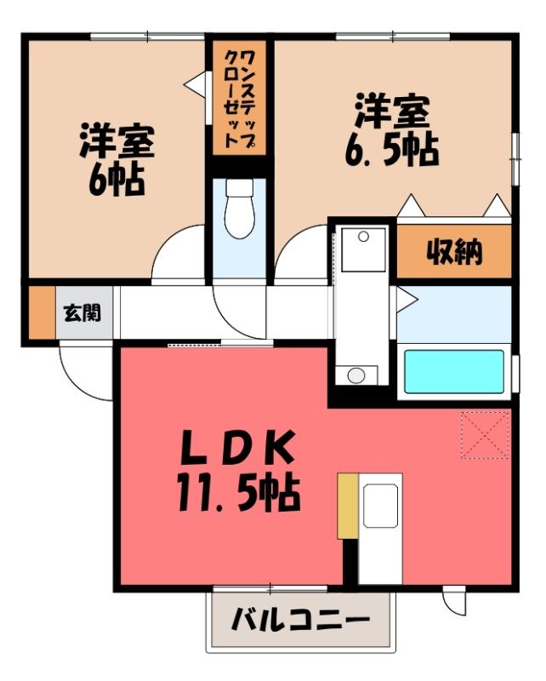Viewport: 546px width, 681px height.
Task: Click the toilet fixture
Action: pyautogui.click(x=239, y=209)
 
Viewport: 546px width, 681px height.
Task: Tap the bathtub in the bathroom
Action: pyautogui.click(x=454, y=372)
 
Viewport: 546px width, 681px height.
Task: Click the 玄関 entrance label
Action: pyautogui.click(x=82, y=312)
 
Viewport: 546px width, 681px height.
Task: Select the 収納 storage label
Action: pyautogui.click(x=454, y=252)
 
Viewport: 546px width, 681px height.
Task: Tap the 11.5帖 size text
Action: pyautogui.click(x=238, y=493)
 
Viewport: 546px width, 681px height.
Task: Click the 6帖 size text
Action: pyautogui.click(x=117, y=179)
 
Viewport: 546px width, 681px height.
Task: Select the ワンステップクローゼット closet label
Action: pyautogui.click(x=239, y=100)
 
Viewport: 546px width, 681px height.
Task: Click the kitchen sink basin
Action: pyautogui.click(x=381, y=506)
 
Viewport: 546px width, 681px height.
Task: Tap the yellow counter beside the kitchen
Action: pyautogui.click(x=348, y=506)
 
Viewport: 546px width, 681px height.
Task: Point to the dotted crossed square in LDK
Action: pyautogui.click(x=485, y=435)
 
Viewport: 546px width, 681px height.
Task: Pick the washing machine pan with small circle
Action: pyautogui.click(x=363, y=249)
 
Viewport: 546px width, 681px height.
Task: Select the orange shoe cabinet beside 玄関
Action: pyautogui.click(x=43, y=312)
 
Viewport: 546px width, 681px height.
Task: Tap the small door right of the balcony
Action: pyautogui.click(x=453, y=601)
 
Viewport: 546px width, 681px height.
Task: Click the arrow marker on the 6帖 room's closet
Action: pyautogui.click(x=194, y=83)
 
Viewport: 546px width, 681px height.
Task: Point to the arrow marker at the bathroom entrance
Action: pyautogui.click(x=406, y=300)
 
